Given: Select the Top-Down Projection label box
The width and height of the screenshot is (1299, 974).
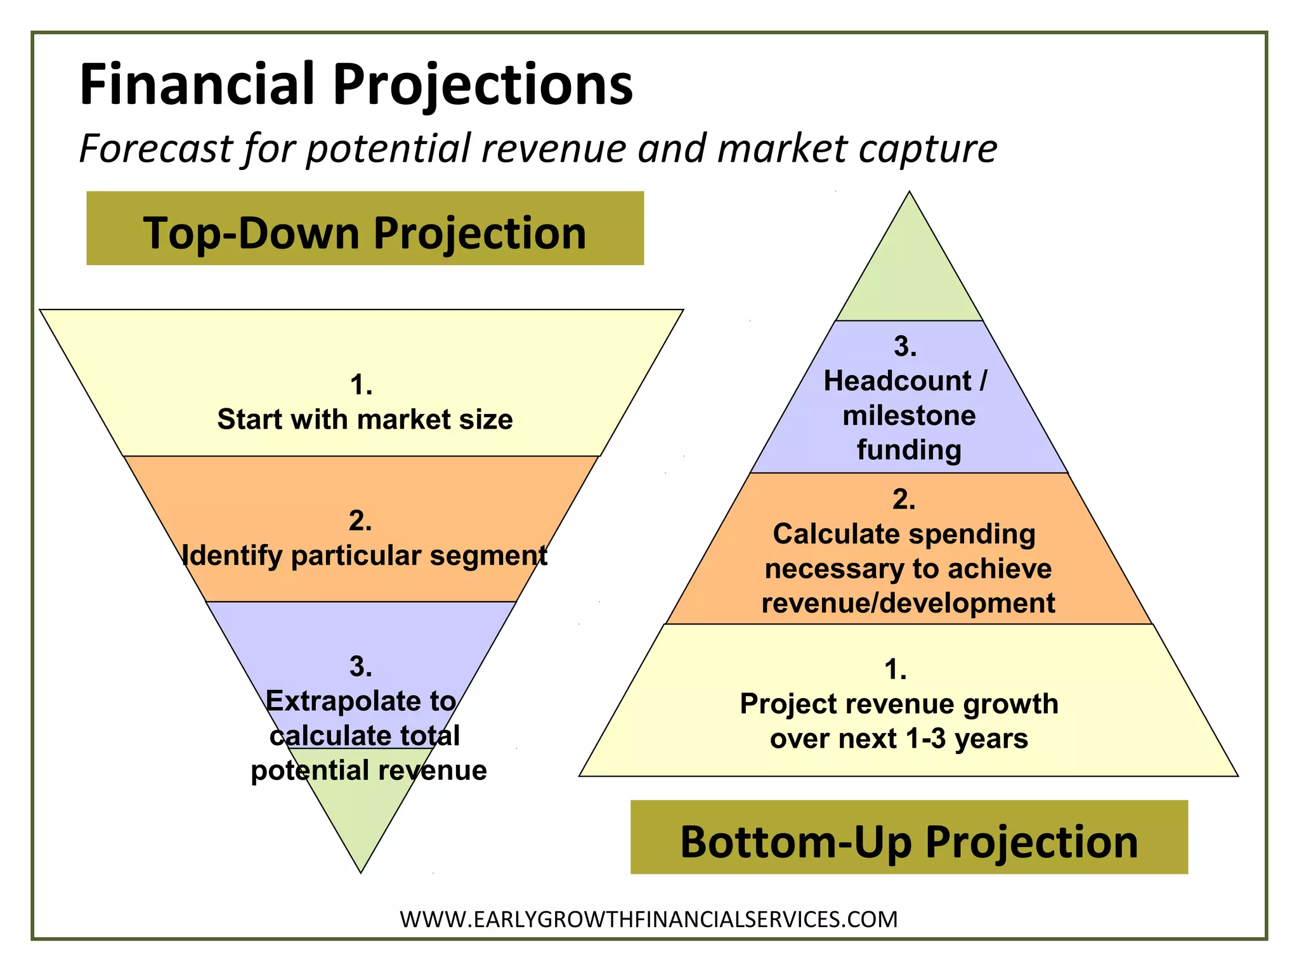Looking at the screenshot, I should point(365,228).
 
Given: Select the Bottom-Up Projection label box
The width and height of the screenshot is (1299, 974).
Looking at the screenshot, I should point(908,837).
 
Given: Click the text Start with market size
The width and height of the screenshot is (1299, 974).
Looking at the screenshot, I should point(365,420).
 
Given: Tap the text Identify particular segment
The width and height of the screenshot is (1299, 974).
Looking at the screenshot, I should point(365,555).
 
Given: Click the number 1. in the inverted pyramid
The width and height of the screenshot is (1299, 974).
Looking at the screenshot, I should point(361,385).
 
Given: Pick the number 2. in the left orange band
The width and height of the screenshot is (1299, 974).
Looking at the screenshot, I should point(360,521).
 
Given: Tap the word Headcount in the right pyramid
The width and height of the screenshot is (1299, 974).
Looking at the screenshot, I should point(897,381).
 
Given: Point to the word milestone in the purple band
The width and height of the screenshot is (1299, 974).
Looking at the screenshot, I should point(909,416).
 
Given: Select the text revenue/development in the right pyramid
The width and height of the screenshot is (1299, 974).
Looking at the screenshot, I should point(908,603).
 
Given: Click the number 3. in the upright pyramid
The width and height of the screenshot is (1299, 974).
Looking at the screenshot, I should point(905,346).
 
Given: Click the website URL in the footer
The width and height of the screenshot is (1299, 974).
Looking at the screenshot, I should point(649,919).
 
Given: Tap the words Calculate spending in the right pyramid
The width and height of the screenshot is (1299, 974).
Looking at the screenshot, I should point(904,534).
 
